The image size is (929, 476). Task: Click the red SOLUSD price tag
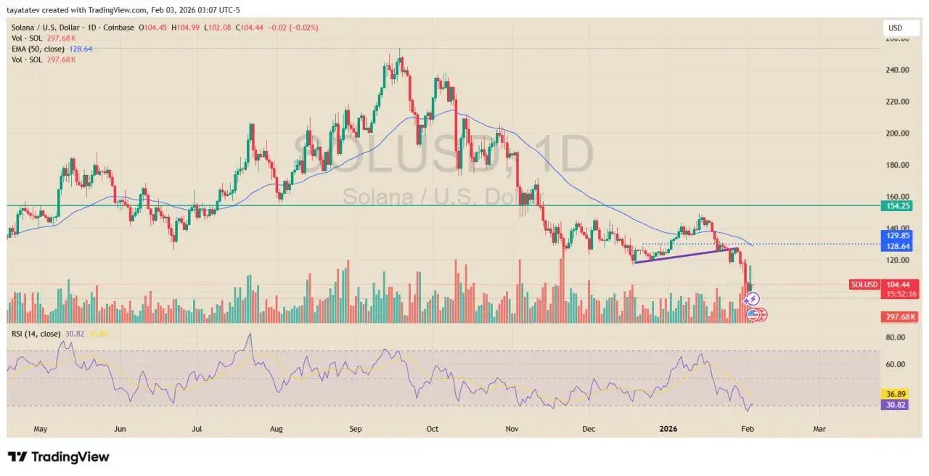[x=864, y=284]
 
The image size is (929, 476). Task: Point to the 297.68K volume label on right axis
[x=899, y=317]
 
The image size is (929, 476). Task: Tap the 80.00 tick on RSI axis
[x=895, y=337]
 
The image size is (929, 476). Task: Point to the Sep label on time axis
[x=355, y=429]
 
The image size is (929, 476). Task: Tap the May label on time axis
[x=40, y=429]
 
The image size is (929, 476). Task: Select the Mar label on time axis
[x=819, y=429]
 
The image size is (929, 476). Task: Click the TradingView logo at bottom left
[x=58, y=456]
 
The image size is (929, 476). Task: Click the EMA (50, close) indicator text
[x=38, y=49]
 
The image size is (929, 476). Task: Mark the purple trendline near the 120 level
[x=682, y=255]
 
